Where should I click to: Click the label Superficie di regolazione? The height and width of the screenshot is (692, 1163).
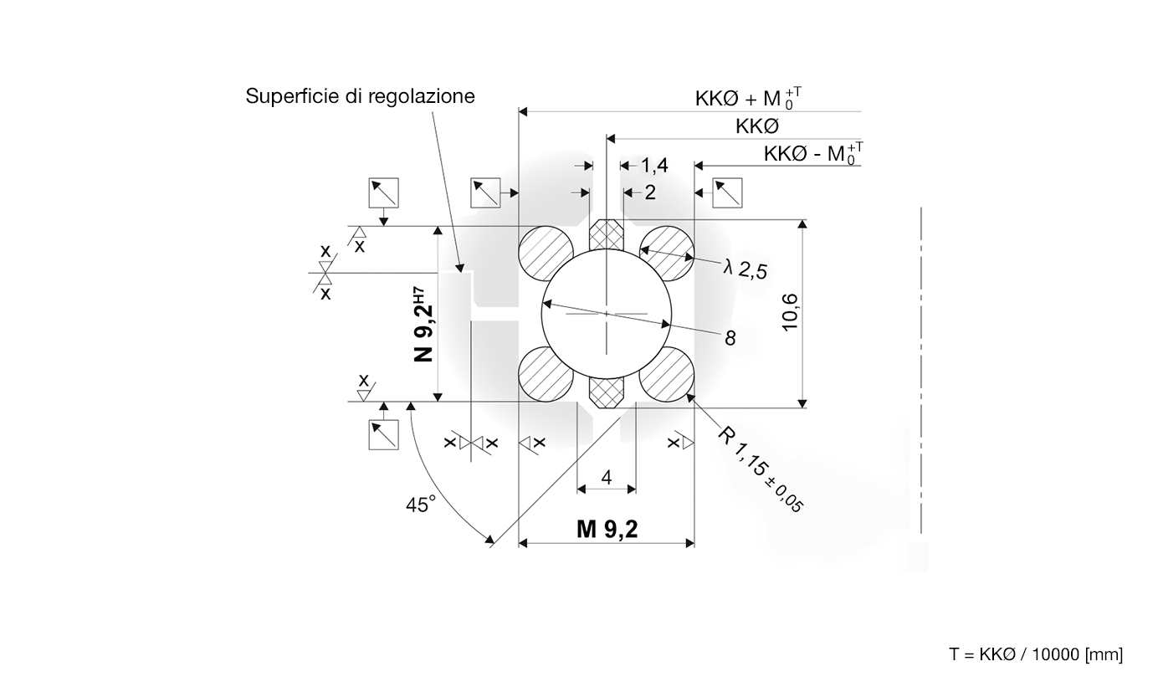[360, 96]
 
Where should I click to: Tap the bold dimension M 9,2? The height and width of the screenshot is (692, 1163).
[607, 529]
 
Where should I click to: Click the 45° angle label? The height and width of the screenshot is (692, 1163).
[421, 505]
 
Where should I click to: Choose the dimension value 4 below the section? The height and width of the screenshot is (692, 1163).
[607, 478]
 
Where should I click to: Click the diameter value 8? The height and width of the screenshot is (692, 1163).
[730, 338]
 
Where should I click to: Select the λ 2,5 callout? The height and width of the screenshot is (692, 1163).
[745, 269]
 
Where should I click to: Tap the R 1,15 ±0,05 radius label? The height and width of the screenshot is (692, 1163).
[761, 469]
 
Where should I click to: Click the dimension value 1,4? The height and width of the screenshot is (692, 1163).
[654, 166]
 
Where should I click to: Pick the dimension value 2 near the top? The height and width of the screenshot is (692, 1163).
[650, 192]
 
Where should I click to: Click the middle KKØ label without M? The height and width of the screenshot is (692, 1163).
[757, 126]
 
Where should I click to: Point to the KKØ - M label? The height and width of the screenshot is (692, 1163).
[812, 154]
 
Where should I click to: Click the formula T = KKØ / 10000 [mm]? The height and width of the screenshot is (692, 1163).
[1036, 654]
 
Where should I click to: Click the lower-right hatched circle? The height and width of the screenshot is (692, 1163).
[667, 374]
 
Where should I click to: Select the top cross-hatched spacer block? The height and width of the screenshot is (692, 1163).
[607, 235]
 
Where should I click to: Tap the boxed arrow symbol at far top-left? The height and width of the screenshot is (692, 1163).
[384, 192]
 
